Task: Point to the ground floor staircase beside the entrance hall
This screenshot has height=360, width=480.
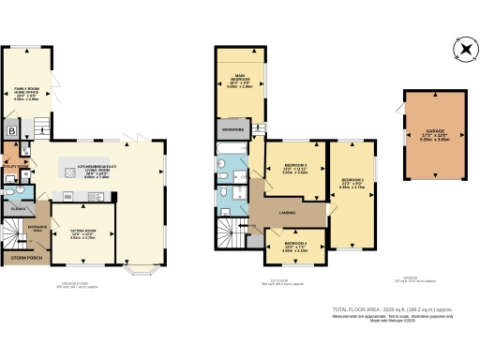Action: click(12, 228)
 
